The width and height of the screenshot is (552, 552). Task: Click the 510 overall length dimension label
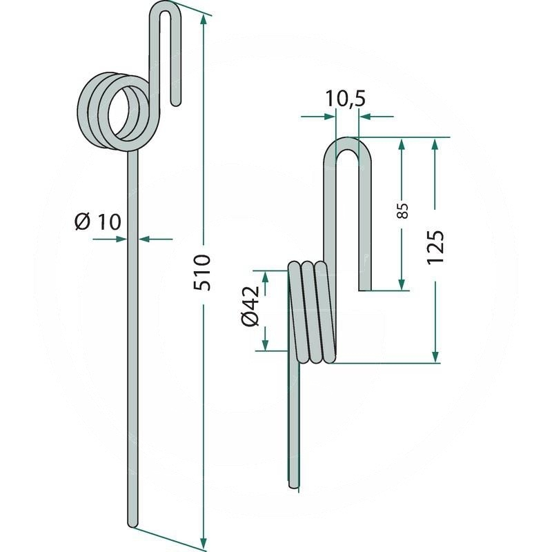(203, 272)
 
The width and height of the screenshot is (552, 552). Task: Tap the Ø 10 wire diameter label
(98, 222)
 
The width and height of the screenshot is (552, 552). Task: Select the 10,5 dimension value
(346, 98)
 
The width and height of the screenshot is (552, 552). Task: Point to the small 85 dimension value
(403, 211)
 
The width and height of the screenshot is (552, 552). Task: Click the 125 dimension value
(435, 247)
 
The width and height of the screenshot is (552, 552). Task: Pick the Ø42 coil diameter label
(250, 306)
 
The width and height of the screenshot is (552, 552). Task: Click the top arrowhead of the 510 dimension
(203, 19)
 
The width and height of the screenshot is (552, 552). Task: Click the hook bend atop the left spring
(166, 8)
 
